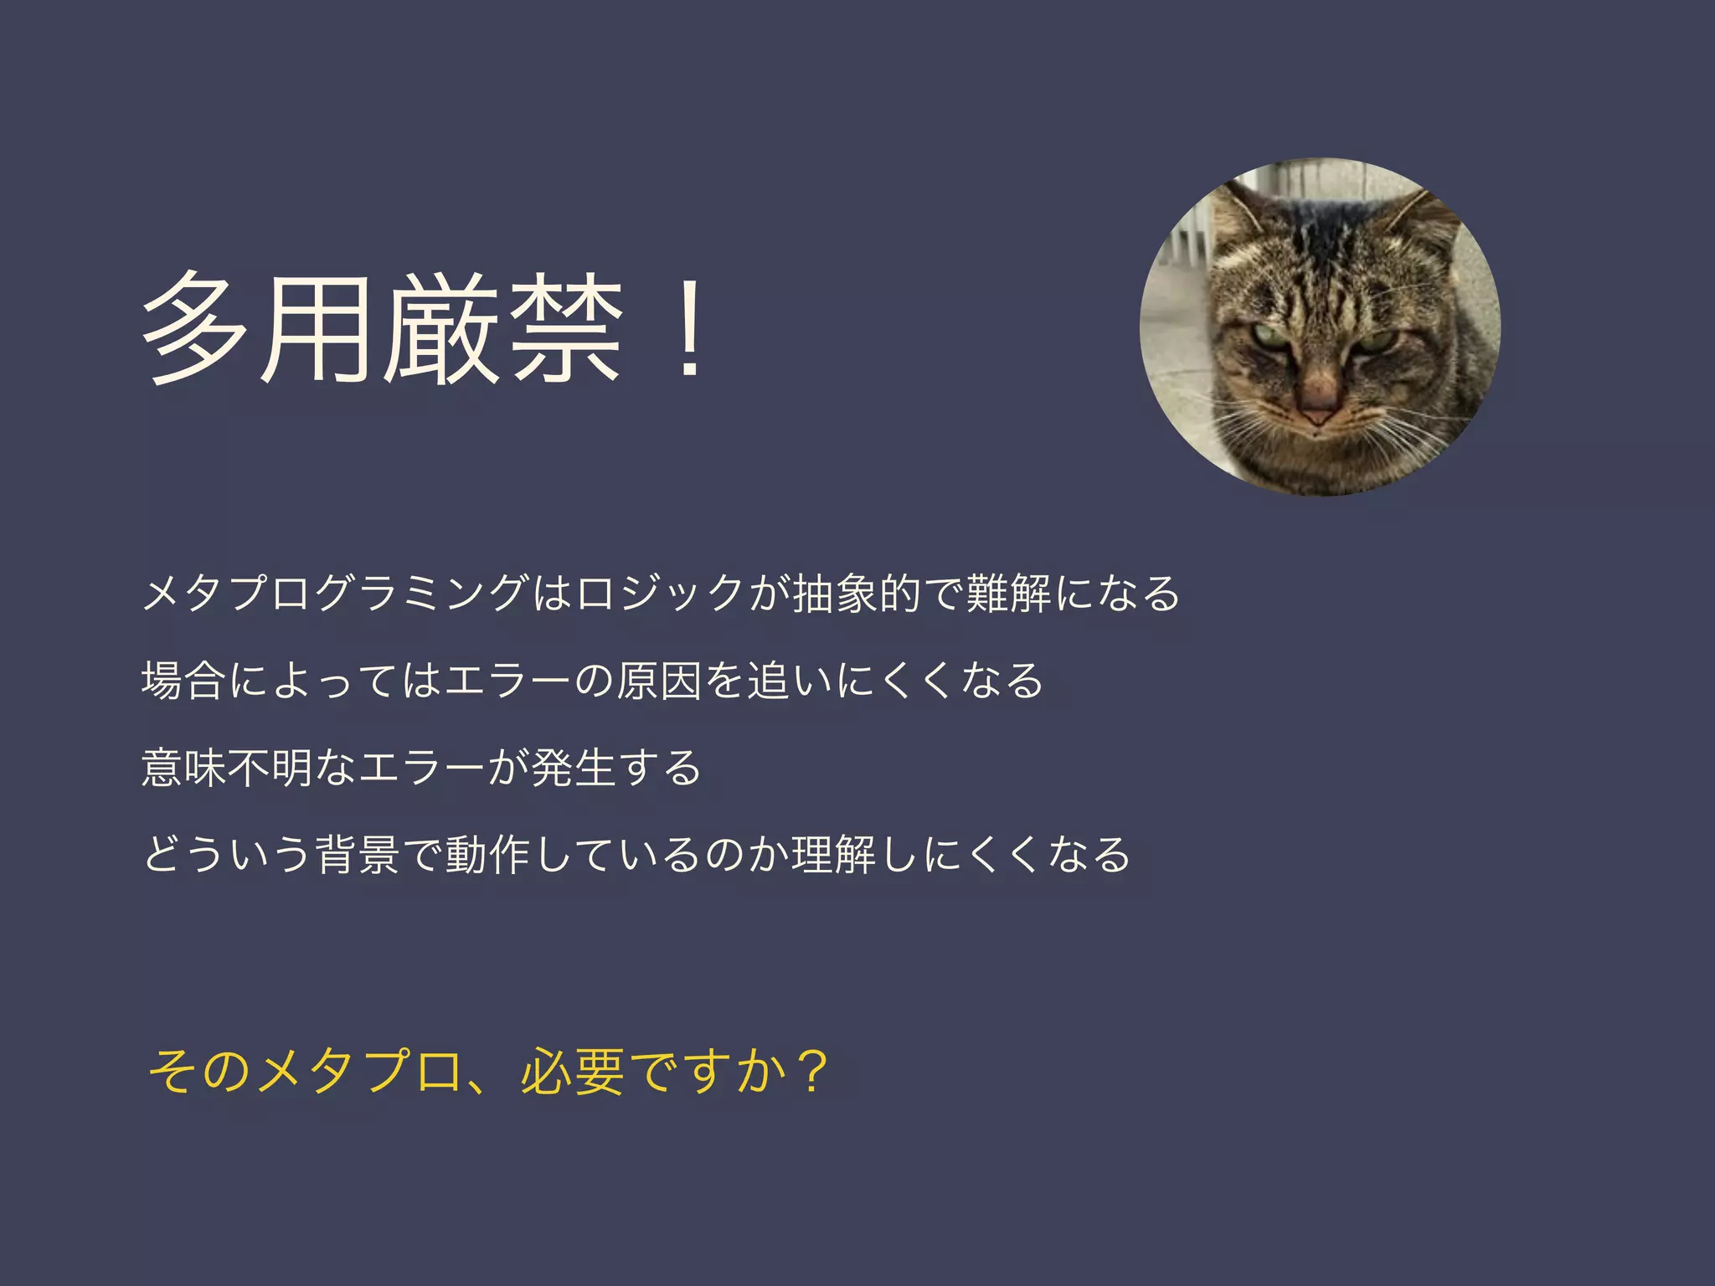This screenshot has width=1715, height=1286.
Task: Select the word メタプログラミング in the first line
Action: [x=335, y=593]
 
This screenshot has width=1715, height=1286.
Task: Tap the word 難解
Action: [x=1008, y=593]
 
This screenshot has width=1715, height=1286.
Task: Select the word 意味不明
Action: [x=228, y=767]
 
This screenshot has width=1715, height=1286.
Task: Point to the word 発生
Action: [x=574, y=767]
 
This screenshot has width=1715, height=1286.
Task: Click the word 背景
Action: [x=358, y=854]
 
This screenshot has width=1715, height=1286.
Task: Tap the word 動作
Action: [x=487, y=854]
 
